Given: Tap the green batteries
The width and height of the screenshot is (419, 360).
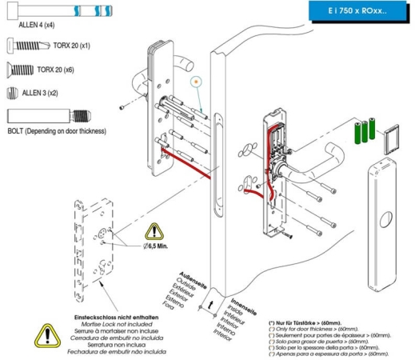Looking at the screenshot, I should pos(364,131).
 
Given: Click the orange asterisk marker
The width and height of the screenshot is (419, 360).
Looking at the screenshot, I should pos(195,81).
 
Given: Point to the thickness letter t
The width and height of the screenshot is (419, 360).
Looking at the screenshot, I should pos(209,305).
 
